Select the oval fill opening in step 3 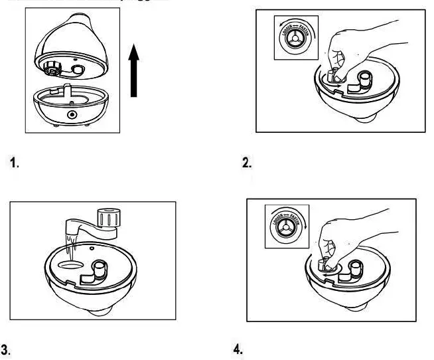click(72, 264)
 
